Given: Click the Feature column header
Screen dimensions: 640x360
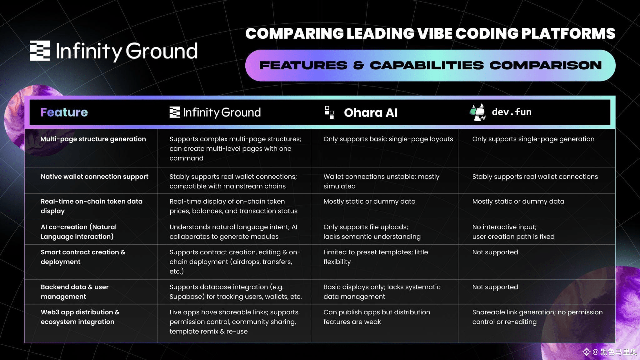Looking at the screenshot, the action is click(x=64, y=112).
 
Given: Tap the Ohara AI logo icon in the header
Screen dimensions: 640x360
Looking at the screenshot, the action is click(x=329, y=112).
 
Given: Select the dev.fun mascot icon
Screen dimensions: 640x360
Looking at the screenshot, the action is click(x=477, y=112).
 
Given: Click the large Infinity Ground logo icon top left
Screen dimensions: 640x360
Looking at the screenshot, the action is click(x=40, y=51).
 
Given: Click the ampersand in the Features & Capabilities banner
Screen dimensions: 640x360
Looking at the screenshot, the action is click(x=358, y=65).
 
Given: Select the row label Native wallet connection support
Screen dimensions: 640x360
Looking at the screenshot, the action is click(x=94, y=177).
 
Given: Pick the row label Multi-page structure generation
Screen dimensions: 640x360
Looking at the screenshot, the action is click(x=93, y=139).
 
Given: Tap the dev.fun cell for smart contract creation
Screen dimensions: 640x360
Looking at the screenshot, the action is click(x=495, y=252).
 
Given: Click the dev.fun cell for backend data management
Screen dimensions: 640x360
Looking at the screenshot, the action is click(x=495, y=287).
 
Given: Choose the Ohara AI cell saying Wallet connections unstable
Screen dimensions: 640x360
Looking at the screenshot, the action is click(x=381, y=181).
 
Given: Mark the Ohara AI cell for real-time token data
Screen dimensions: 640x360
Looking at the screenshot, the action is click(x=369, y=202).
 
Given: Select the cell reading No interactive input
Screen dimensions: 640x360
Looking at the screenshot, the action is click(x=513, y=232).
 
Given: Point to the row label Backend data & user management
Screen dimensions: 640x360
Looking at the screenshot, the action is click(x=74, y=292).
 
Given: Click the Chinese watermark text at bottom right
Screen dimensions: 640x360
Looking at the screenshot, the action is click(x=618, y=352).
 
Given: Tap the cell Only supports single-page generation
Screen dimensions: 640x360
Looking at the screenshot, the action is click(x=533, y=139).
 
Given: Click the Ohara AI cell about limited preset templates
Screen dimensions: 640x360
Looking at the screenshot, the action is click(x=376, y=257).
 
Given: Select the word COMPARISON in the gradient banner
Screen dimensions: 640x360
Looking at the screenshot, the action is click(x=546, y=65).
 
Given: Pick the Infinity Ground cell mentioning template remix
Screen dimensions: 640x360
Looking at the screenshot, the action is click(x=234, y=322).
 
